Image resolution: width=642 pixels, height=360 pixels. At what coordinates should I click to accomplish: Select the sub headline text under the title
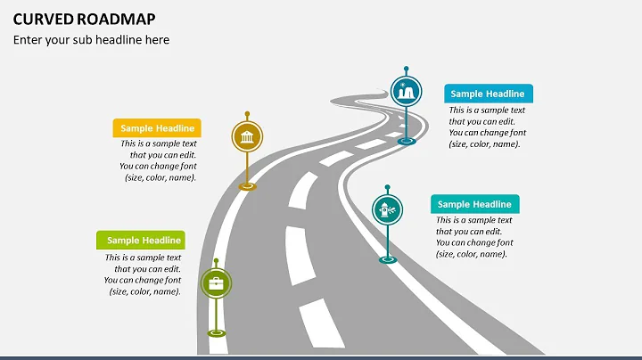coord(90,40)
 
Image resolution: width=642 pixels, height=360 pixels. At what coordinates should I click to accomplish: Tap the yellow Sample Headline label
coord(156,128)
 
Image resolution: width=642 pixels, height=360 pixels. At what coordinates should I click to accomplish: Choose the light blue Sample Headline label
coord(488,94)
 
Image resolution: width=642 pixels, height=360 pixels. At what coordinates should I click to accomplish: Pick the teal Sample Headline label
coord(474,204)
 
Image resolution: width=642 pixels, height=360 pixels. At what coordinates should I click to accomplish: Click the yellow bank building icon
coord(247,137)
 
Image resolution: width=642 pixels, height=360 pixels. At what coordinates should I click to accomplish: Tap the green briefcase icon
coord(215,284)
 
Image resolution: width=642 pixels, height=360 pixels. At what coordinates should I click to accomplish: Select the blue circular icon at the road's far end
coord(406,91)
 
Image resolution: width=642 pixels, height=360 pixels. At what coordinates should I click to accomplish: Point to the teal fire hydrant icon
coord(387,210)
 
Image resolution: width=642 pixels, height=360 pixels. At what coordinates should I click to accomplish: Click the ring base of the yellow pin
coord(247,185)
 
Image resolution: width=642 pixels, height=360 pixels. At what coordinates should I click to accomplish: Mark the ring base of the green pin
coord(216,333)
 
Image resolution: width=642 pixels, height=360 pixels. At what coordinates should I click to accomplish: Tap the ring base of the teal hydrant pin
coord(387,259)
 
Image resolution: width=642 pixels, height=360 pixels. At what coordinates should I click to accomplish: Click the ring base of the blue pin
coord(407,140)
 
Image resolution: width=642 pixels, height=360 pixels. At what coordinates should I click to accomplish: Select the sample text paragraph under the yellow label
coord(159,160)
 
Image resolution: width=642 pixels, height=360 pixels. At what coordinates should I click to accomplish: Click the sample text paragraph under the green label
coord(144,274)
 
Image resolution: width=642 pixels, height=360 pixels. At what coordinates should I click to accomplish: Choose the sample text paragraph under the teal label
coord(473,237)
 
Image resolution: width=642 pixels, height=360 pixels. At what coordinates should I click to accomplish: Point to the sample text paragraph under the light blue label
coord(487,127)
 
